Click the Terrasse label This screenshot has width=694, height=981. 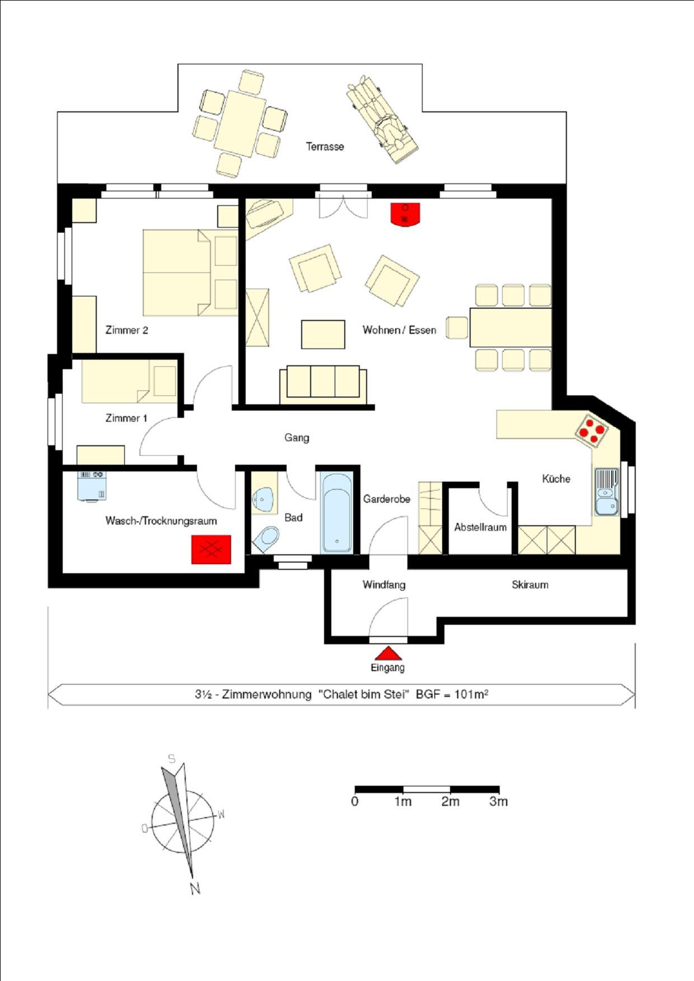pyautogui.click(x=325, y=147)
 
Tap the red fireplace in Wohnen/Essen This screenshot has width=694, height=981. pyautogui.click(x=405, y=214)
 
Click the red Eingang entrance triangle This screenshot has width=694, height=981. pyautogui.click(x=388, y=653)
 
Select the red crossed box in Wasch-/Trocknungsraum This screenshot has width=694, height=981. pyautogui.click(x=211, y=549)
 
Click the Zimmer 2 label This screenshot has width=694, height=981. pyautogui.click(x=126, y=330)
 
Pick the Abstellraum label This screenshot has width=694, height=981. pyautogui.click(x=480, y=527)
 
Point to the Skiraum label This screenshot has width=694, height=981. pyautogui.click(x=529, y=584)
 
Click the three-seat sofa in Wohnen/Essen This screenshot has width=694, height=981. pyautogui.click(x=323, y=384)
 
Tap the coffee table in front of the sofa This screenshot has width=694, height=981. pyautogui.click(x=323, y=334)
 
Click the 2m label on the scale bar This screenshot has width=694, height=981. pyautogui.click(x=450, y=801)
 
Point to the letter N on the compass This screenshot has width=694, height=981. pyautogui.click(x=195, y=888)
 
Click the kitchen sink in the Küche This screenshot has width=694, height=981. pyautogui.click(x=606, y=492)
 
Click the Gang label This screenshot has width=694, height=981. pyautogui.click(x=297, y=437)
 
